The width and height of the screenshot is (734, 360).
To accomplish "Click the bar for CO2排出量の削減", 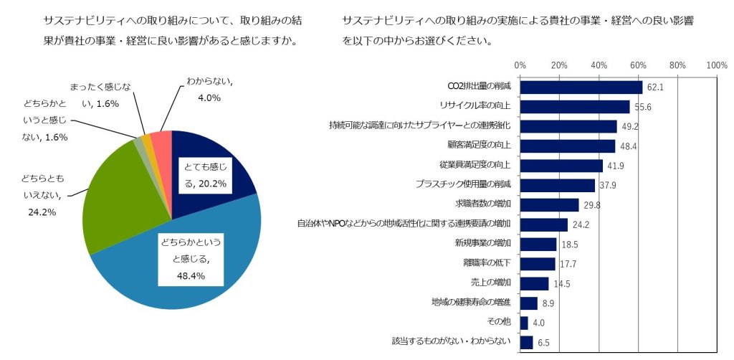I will (x=581, y=87).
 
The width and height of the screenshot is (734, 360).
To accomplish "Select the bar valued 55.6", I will (x=574, y=107).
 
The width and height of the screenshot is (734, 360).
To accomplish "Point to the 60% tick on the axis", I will (x=638, y=65).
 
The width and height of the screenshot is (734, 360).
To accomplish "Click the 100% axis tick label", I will (x=717, y=65).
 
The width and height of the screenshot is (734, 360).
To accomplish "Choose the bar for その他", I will (x=524, y=323).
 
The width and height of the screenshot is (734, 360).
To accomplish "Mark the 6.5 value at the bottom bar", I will (x=543, y=343).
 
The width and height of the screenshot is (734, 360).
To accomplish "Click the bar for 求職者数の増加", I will (x=549, y=205).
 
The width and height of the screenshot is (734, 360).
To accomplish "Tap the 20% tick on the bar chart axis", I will (x=559, y=65).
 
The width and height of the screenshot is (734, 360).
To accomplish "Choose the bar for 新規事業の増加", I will (x=538, y=244).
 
